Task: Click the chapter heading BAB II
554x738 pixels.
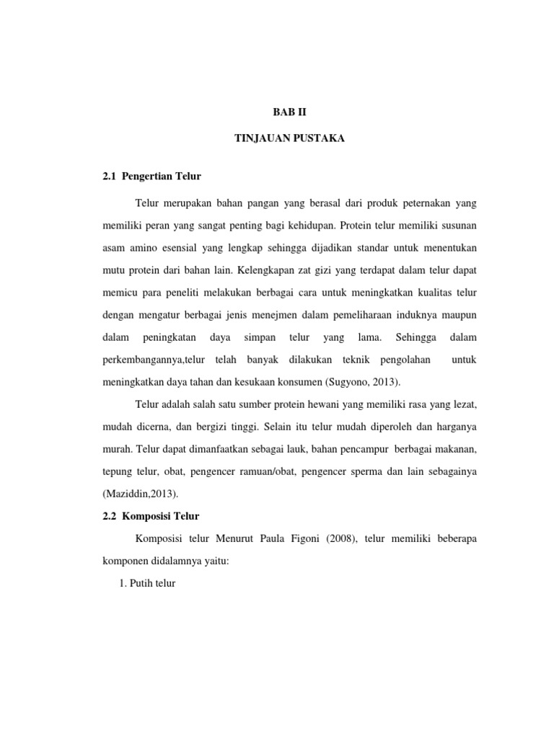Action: click(x=289, y=112)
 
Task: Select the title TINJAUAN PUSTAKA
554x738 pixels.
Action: click(x=289, y=139)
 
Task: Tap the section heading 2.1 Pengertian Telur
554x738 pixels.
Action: click(x=151, y=177)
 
